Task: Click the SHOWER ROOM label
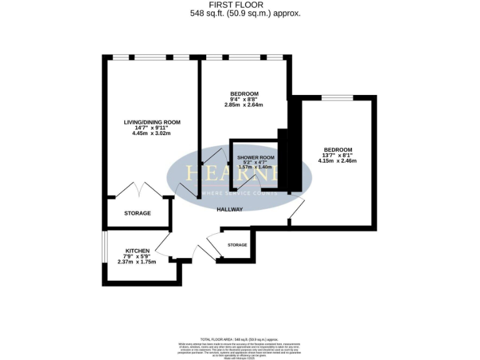point(256,157)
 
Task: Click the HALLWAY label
point(230,209)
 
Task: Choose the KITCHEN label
point(137,250)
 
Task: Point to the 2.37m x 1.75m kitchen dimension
point(137,261)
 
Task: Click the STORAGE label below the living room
point(137,213)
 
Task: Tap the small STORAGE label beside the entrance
point(237,244)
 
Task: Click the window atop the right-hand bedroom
point(337,97)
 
